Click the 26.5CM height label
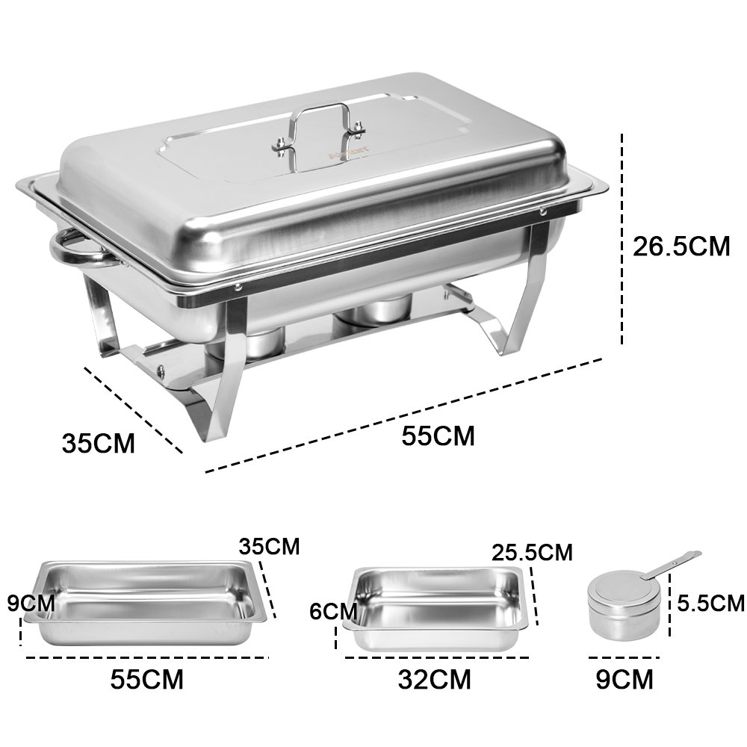coord(681,246)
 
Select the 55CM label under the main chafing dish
coord(438,436)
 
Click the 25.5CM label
coord(532,552)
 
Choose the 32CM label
coord(435,679)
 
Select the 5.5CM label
coord(709,602)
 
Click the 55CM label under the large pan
coord(146,679)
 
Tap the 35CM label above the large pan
coord(269,546)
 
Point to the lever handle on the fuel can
coord(672,563)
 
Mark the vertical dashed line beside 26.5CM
coord(622,239)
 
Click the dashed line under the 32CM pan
coord(437,658)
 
